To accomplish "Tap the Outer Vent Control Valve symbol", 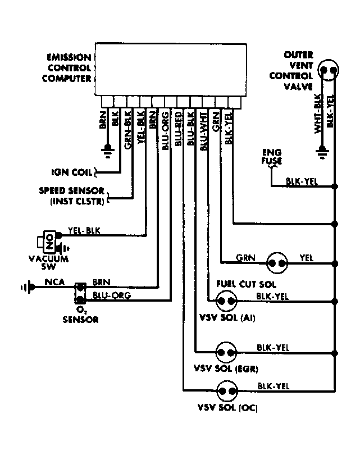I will coord(329,71).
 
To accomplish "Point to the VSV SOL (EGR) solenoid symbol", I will coord(227,353).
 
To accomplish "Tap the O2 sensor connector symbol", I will coord(80,290).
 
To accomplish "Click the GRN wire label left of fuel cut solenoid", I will coord(245,258).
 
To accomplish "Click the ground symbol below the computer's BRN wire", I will coord(106,149).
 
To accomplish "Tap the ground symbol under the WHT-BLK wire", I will coord(322,150).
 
